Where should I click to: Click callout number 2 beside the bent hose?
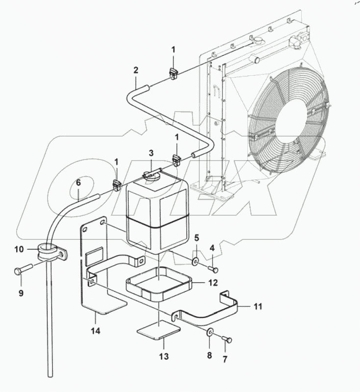[x=136, y=70]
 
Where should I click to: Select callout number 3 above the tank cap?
[x=151, y=154]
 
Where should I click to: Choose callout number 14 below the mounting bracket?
[x=95, y=332]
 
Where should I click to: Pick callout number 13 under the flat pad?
[x=164, y=357]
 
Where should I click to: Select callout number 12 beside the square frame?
[x=212, y=282]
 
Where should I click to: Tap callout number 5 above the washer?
[x=196, y=238]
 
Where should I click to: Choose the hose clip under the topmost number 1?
[x=173, y=74]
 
